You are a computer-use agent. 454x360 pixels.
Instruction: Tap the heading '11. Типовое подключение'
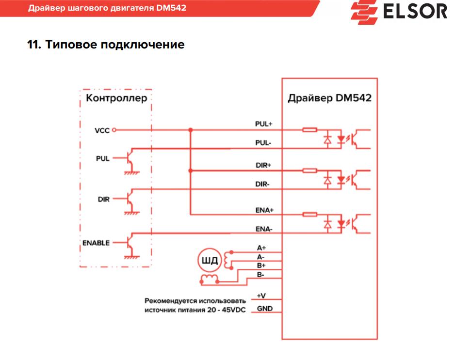coord(106,45)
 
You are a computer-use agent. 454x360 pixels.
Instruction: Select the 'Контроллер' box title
coord(116,98)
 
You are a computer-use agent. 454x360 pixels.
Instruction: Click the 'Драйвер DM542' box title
coord(329,98)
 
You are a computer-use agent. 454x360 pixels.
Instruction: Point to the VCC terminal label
coord(102,130)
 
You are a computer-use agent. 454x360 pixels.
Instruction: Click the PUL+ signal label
coord(263,124)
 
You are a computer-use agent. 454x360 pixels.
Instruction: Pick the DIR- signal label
coord(263,184)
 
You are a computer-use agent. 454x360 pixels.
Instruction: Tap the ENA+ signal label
coord(264,210)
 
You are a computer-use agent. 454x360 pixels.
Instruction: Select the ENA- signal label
coord(264,229)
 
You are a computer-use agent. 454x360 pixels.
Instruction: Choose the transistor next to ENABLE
coord(129,243)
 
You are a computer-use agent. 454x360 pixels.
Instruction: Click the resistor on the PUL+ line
coord(309,130)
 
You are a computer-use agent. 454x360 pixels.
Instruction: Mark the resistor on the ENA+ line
coord(309,214)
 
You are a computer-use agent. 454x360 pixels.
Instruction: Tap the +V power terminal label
coord(261,296)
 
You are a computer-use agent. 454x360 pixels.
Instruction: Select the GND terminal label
coord(264,308)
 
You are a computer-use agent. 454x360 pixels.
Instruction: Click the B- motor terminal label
coord(260,275)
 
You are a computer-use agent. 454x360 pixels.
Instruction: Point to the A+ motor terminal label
coord(261,248)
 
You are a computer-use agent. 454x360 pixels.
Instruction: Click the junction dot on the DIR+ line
coord(191,171)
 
